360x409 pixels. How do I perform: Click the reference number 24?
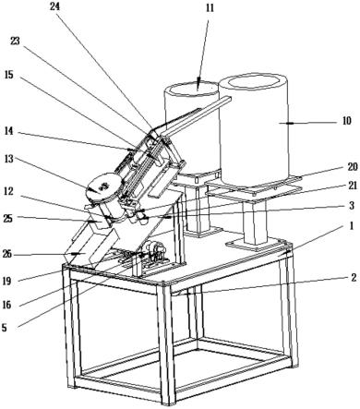[x=55, y=6]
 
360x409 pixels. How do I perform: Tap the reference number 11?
[x=210, y=7]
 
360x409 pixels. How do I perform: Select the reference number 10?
[x=347, y=121]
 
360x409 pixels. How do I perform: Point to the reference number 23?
[x=15, y=42]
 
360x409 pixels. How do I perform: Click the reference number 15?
[x=9, y=75]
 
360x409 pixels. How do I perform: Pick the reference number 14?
[x=9, y=131]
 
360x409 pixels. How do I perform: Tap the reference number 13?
[x=9, y=160]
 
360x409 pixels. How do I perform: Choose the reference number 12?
[x=8, y=191]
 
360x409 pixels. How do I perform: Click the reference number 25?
[x=8, y=219]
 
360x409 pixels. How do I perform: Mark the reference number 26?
[x=8, y=254]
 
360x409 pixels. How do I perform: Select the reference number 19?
[x=6, y=281]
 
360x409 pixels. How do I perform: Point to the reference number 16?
[x=6, y=305]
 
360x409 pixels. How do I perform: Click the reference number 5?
[x=4, y=328]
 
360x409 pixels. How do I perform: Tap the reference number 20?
[x=353, y=167]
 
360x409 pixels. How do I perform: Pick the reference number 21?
[x=353, y=186]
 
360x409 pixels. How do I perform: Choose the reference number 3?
[x=352, y=206]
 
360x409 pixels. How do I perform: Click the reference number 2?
[x=354, y=278]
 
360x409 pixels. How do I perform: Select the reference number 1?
[x=351, y=227]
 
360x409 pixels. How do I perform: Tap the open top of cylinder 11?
[x=193, y=89]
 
